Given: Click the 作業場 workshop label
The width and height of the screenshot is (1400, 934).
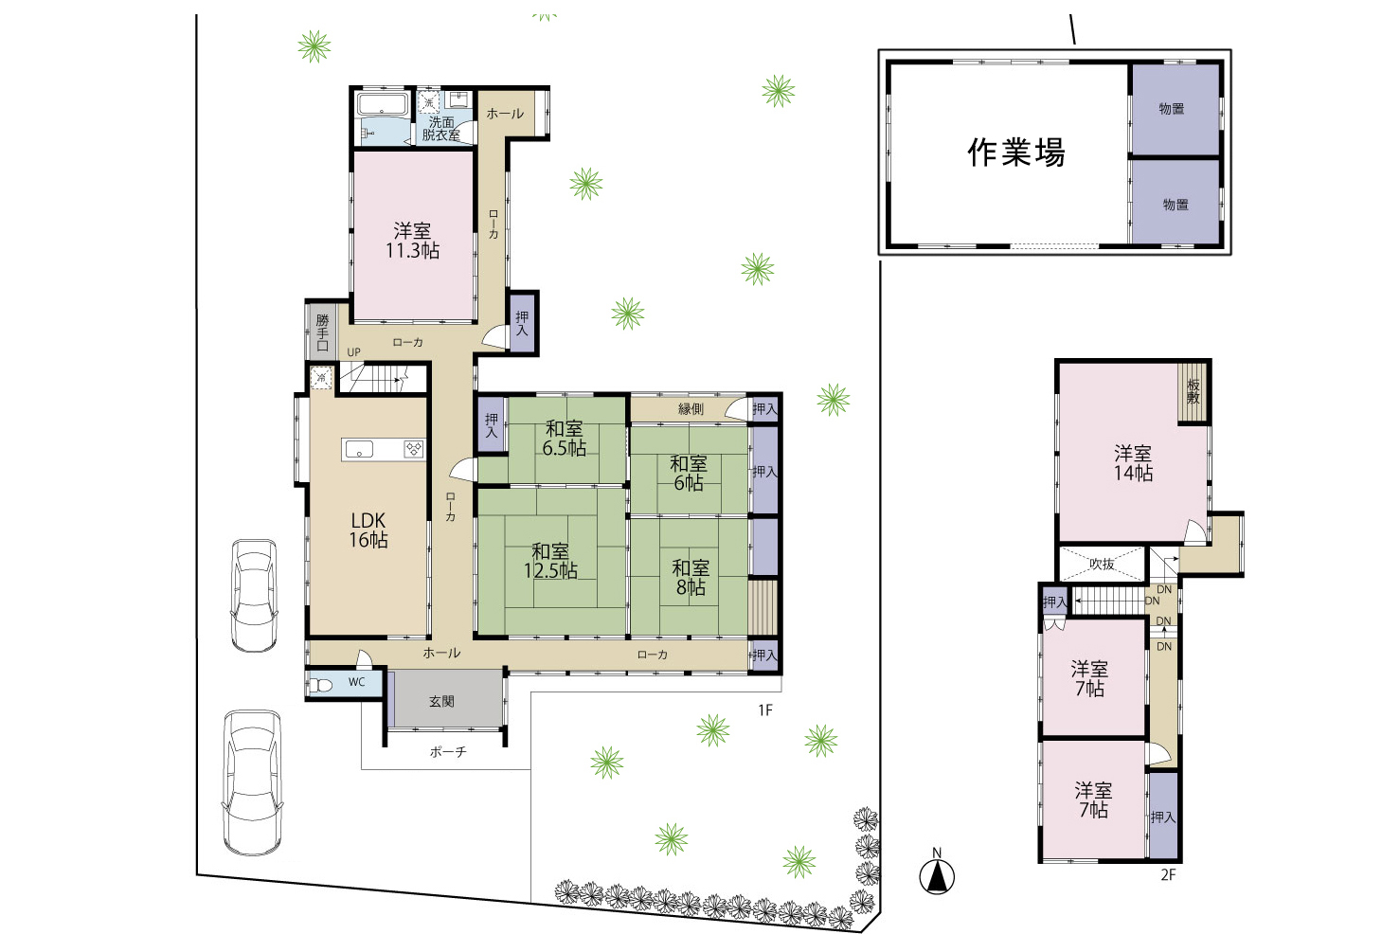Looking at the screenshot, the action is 1016,153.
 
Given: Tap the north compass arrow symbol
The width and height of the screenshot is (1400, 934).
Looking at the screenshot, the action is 936,876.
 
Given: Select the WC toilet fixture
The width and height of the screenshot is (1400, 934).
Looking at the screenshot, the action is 321,685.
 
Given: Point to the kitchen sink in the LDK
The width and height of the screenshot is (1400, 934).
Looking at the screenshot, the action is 359,449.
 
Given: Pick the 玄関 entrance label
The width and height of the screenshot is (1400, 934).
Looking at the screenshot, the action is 441,701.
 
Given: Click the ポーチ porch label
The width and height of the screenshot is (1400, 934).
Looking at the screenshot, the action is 448,751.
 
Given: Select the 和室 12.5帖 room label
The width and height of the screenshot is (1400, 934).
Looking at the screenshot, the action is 550,561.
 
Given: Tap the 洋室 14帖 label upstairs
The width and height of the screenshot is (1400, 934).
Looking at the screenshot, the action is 1133,462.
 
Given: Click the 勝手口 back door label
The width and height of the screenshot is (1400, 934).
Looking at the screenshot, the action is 322,332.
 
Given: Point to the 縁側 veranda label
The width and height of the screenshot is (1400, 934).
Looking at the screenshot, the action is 691,409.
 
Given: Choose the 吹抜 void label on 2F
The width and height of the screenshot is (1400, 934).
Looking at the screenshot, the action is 1102,564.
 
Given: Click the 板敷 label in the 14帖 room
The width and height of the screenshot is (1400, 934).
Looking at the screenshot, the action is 1194,391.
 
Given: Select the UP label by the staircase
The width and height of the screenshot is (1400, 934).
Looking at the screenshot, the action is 353,352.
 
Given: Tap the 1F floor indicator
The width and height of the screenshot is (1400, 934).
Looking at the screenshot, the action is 765,710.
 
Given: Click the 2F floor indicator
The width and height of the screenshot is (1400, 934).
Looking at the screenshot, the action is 1168,874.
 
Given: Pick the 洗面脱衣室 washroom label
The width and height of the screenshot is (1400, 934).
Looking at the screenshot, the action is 441,128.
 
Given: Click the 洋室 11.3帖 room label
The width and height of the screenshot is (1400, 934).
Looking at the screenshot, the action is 412,241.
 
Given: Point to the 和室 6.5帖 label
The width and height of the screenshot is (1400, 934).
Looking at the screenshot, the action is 564,439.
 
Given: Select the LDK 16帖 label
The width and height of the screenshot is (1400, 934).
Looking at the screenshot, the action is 368,530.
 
